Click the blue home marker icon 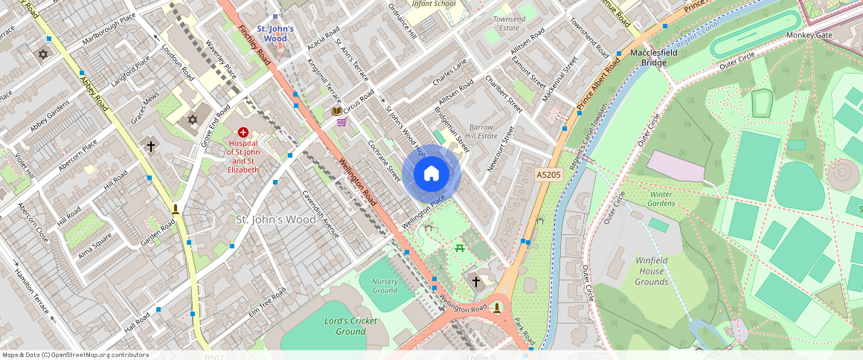tap(431, 174)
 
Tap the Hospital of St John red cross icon tap(243, 132)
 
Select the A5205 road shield tap(548, 175)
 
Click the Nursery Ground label tap(385, 286)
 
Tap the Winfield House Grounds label tap(651, 271)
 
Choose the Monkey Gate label tap(809, 35)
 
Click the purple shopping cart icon tap(341, 121)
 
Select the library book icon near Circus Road tap(337, 111)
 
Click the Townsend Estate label tap(509, 23)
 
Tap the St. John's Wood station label tap(275, 33)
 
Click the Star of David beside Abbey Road tap(42, 54)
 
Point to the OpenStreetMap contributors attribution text tap(75, 355)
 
